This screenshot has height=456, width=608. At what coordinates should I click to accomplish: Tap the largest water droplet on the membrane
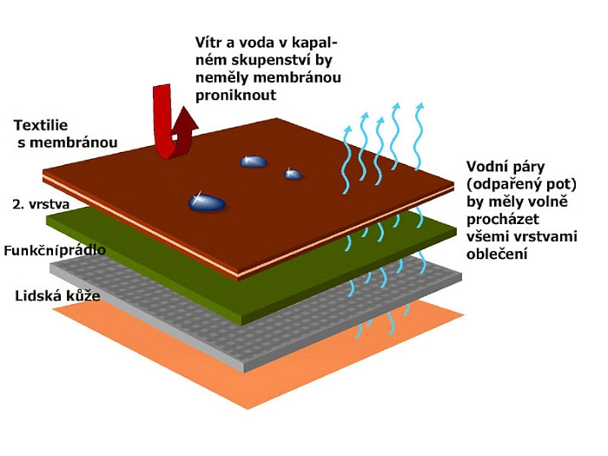click(x=207, y=203)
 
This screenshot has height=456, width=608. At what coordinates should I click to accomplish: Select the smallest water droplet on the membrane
click(x=294, y=175)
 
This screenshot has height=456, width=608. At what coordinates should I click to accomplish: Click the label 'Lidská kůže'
click(x=57, y=296)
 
